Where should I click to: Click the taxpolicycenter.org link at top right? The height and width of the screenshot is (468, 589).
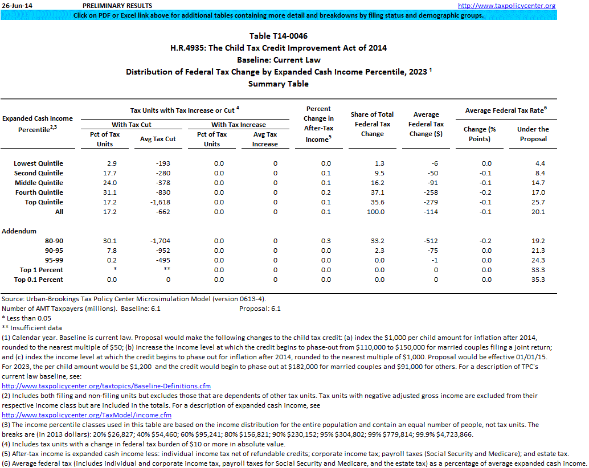pos(507,6)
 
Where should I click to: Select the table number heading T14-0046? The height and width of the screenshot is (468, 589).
pos(279,36)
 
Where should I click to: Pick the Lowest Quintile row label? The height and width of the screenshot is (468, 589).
pos(38,163)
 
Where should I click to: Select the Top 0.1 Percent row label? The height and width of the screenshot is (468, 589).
pos(38,280)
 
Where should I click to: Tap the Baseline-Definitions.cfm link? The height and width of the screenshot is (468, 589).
pos(106,386)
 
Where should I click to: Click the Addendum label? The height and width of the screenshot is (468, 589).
pos(19,231)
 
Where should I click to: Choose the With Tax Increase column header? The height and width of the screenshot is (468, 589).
pos(238,125)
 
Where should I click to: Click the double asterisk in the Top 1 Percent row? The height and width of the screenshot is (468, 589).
pos(167,270)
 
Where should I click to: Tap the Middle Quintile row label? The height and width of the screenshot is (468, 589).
pos(39,183)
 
